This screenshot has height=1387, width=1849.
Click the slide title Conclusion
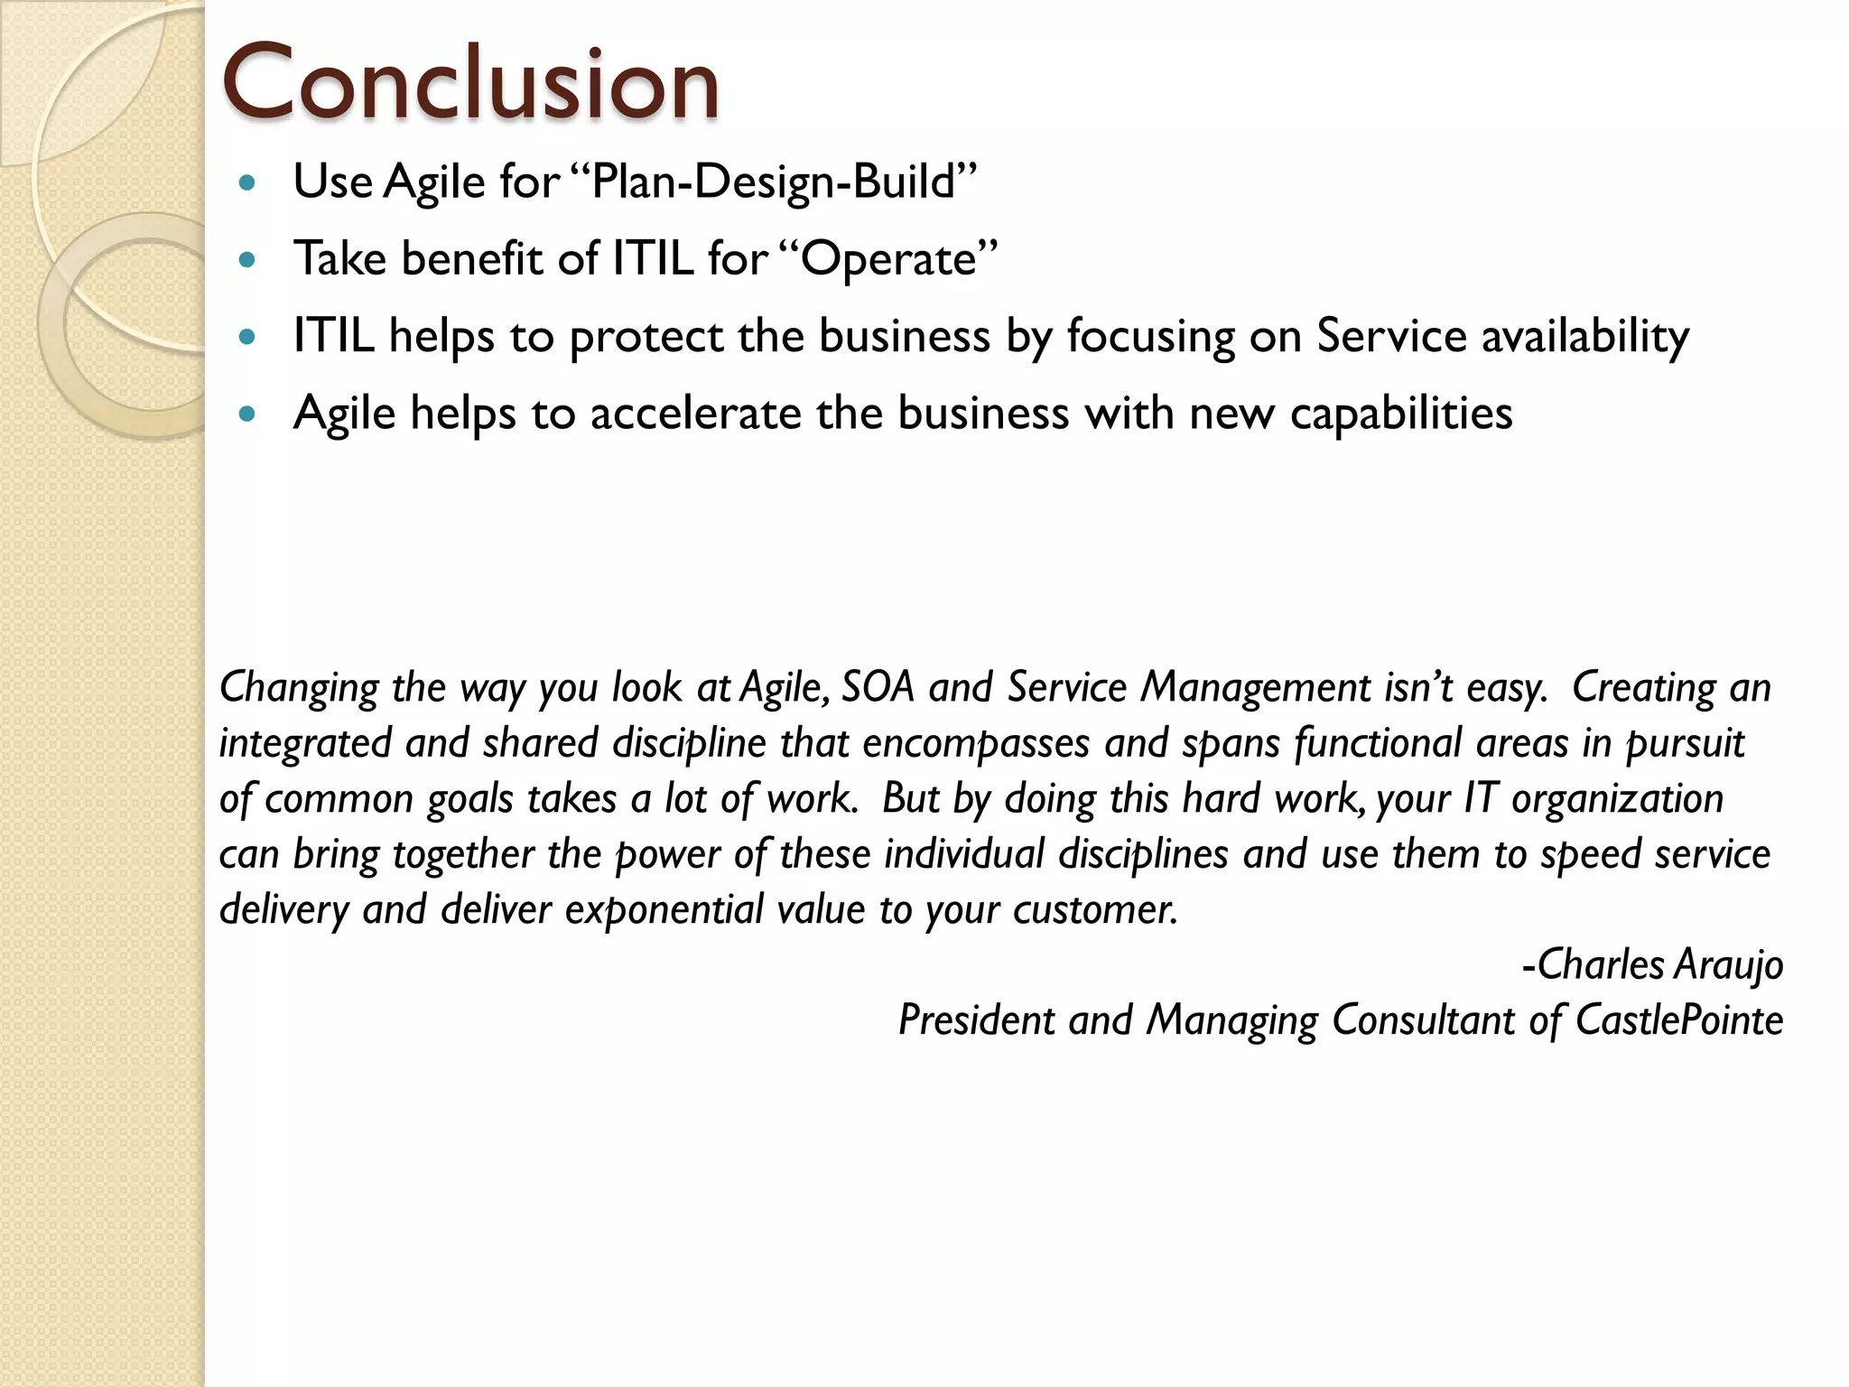click(x=470, y=83)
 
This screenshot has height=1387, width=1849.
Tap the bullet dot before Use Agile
click(x=247, y=183)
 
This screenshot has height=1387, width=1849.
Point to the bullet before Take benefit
click(x=247, y=260)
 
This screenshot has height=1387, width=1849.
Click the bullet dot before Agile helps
click(x=247, y=414)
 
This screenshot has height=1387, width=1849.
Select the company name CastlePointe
click(x=1678, y=1020)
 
